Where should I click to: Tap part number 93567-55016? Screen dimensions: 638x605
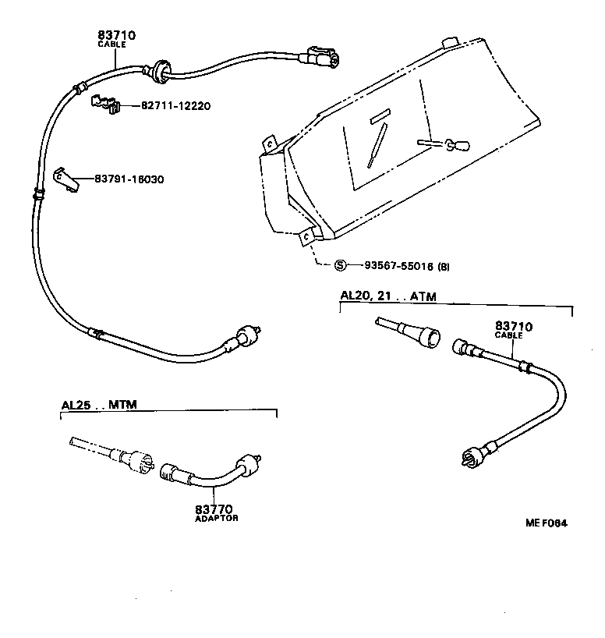click(394, 266)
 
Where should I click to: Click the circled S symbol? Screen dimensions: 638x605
click(340, 266)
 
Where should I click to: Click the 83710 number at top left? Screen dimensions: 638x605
click(117, 35)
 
